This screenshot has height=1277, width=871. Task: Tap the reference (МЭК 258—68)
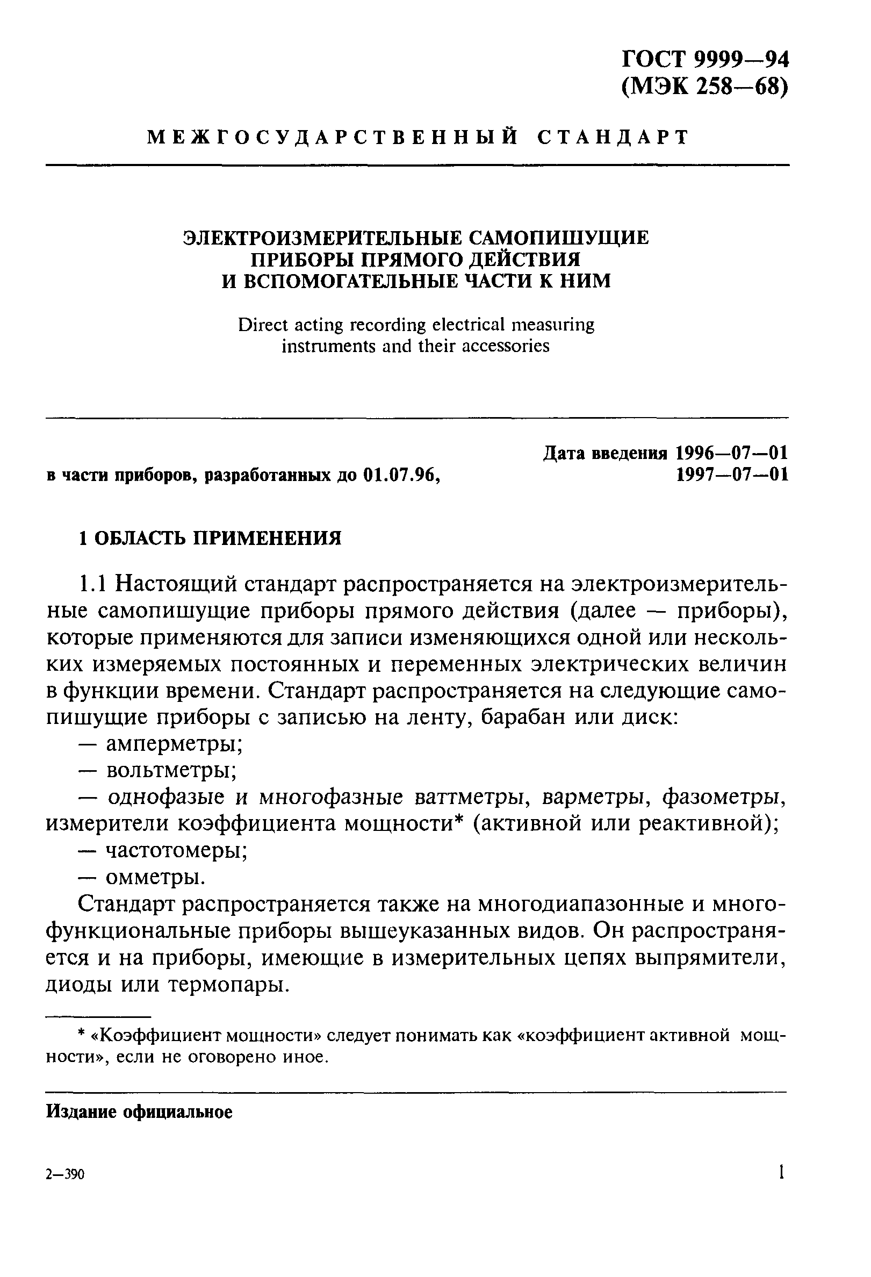705,87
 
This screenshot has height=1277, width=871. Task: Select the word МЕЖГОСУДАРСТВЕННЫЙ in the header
333,137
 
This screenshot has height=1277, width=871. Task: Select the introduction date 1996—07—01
731,453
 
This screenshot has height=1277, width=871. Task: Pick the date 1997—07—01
731,474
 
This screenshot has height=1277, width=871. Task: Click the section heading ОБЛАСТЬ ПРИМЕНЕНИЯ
218,538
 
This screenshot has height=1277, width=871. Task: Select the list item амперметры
175,744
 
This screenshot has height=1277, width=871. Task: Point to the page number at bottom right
780,1172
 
